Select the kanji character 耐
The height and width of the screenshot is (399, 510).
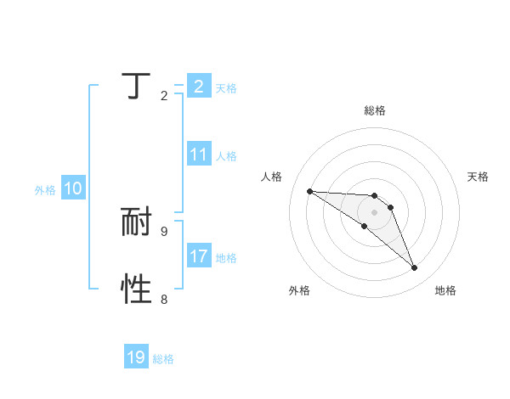(136, 222)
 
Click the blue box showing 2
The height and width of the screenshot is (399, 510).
(198, 87)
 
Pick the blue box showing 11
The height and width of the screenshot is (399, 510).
(198, 155)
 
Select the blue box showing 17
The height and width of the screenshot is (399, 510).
(198, 256)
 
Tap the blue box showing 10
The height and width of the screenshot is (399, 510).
(73, 189)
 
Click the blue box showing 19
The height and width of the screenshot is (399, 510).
(136, 357)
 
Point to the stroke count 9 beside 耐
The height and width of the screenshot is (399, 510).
(163, 231)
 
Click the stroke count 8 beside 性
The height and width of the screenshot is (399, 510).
(163, 299)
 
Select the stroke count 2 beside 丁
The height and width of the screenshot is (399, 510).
(163, 95)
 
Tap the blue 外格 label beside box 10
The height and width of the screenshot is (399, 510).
(45, 190)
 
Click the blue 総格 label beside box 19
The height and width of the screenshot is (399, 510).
(163, 359)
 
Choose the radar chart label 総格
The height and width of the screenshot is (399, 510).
(375, 110)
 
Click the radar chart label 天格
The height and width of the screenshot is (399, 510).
(478, 177)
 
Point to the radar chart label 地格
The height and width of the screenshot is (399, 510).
(445, 291)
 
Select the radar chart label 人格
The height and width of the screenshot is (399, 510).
(272, 177)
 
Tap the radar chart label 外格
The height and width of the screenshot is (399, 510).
(298, 291)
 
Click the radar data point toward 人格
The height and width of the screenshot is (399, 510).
(309, 191)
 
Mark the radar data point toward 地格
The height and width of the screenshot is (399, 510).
(415, 268)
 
